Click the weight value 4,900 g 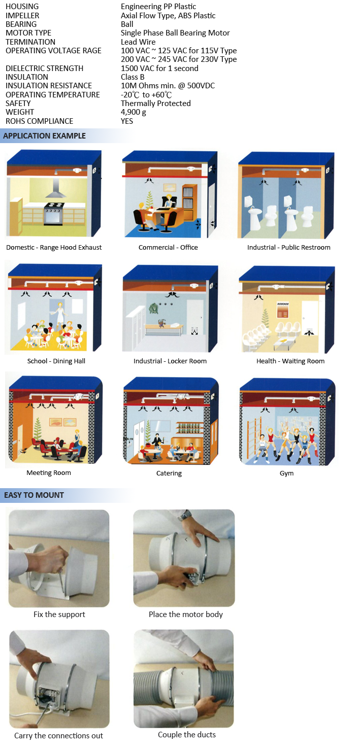[x=133, y=112]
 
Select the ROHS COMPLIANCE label [x=39, y=121]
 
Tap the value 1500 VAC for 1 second [x=159, y=68]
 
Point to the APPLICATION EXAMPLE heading [x=44, y=136]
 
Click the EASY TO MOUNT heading [x=34, y=495]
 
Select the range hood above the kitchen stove [x=56, y=188]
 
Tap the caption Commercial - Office [x=168, y=248]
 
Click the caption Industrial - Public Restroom [x=289, y=248]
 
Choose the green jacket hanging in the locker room [x=153, y=309]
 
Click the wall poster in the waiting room [x=283, y=310]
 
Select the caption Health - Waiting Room [x=290, y=361]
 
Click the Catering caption [x=169, y=473]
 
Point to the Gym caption [x=287, y=473]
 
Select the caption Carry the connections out [x=58, y=736]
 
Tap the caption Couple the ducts [x=187, y=735]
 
